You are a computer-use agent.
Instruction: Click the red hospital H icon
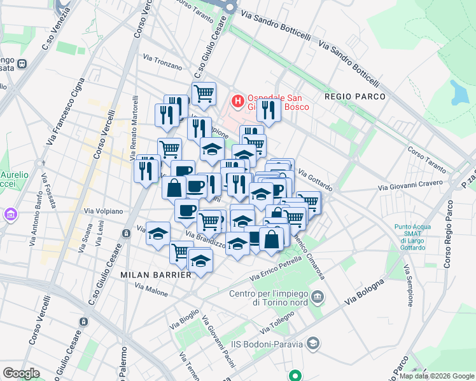coord(237,101)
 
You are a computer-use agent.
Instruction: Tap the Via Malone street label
coord(151,290)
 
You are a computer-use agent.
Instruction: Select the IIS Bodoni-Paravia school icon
coord(312,344)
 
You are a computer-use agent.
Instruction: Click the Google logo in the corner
coord(21,373)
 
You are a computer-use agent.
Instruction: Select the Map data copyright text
coord(437,376)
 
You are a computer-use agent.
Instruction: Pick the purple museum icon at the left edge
coord(10,215)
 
